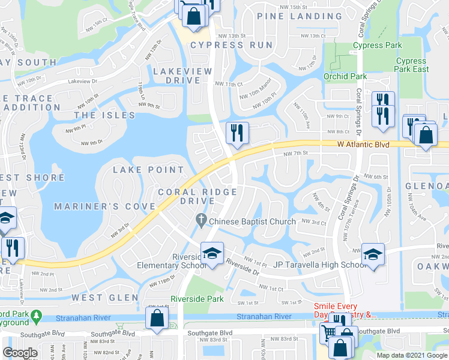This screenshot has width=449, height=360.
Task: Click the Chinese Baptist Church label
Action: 252,221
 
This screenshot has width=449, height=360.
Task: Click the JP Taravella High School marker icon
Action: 373,256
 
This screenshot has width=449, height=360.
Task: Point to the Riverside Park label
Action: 197,298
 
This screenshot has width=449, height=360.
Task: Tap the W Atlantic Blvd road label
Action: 363,145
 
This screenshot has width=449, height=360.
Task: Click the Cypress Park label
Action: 377,45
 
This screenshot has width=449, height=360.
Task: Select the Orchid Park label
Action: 345,76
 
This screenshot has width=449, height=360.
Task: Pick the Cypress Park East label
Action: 412,65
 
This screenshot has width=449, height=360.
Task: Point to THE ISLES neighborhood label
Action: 105,115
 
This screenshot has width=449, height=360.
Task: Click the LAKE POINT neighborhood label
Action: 149,170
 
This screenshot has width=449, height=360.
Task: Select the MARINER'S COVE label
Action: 105,206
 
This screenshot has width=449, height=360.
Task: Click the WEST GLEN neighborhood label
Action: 105,298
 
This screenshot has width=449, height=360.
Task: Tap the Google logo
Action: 20,353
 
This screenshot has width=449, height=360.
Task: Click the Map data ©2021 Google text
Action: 412,355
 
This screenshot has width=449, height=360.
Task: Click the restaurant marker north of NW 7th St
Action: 237,133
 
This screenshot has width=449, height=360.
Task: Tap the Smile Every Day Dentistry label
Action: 345,310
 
